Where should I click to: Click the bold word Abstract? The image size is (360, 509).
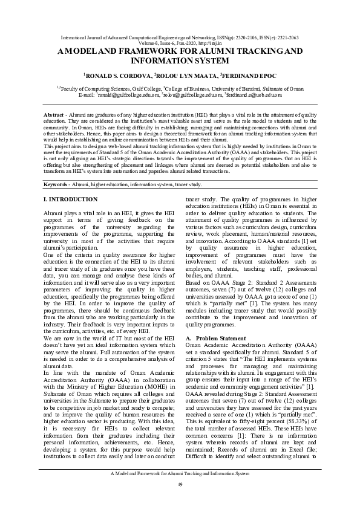coord(55,115)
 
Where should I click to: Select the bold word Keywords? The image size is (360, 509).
coord(57,167)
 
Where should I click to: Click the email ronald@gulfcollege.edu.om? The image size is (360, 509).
coord(131,95)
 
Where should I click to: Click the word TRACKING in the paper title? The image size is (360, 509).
coord(243,52)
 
